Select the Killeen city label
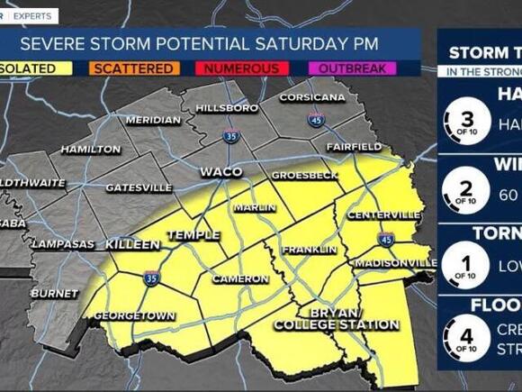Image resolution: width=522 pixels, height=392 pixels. click(133, 244)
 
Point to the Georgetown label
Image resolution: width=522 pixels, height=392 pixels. click(134, 315)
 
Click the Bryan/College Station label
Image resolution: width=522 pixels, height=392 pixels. click(336, 318)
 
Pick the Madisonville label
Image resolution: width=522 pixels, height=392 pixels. click(394, 262)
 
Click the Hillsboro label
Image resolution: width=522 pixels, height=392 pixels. click(227, 108)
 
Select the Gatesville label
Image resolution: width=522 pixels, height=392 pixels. click(139, 187)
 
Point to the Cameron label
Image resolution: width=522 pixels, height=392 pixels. click(240, 278)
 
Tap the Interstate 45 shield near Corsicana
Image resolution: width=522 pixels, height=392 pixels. click(315, 117)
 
